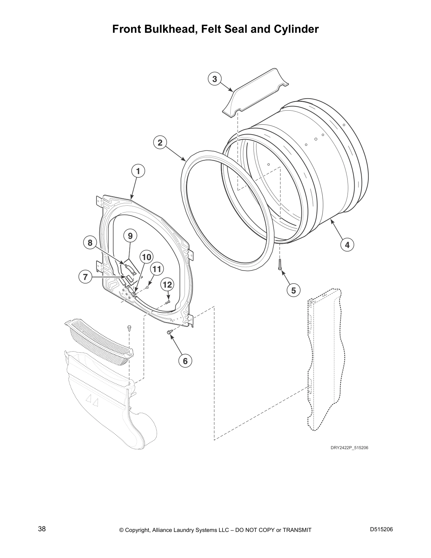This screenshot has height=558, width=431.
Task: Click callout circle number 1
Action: [x=138, y=171]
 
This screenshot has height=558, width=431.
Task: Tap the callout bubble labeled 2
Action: [x=160, y=143]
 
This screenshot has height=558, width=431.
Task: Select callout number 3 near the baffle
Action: [x=214, y=79]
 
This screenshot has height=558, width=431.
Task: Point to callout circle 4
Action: [x=347, y=245]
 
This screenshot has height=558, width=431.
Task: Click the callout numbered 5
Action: [x=293, y=290]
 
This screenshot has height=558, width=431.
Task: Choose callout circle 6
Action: [x=185, y=361]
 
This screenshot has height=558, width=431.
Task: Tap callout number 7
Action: [x=85, y=277]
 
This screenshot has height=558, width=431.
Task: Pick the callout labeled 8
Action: [x=90, y=243]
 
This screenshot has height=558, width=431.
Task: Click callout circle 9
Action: [x=130, y=236]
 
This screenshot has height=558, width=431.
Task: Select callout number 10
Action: [x=146, y=257]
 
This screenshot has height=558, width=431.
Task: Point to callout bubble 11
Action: [x=157, y=269]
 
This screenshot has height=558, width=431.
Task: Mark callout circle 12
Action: [x=167, y=285]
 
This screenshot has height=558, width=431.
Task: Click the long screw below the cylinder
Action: [x=280, y=265]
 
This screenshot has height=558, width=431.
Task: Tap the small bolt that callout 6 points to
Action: [x=169, y=332]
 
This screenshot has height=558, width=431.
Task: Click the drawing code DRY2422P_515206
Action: [x=349, y=448]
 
